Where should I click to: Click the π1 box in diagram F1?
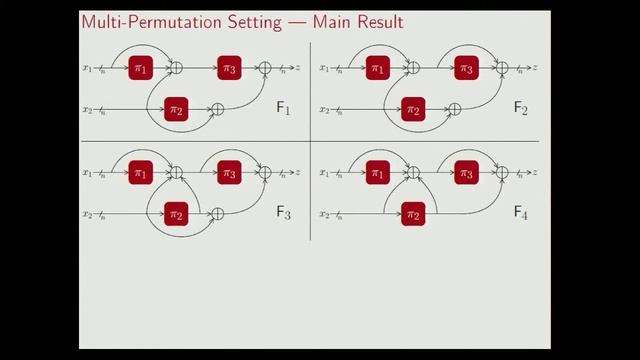coord(140,68)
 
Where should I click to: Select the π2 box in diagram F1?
coord(176,109)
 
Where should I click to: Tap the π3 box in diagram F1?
coord(230,68)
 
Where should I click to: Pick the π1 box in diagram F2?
coord(377,68)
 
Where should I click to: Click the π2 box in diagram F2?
coord(413,109)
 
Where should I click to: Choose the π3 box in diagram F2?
coord(466,68)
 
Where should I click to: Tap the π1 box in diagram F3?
coord(140,172)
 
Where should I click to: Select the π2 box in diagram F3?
coord(176,213)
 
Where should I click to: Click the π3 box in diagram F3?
coord(230,172)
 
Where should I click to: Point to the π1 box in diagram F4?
coord(377,172)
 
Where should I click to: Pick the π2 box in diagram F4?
coord(413,213)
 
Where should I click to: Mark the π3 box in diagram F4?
coord(466,172)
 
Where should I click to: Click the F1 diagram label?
coord(284,108)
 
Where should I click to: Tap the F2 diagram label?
coord(521,108)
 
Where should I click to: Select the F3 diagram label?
coord(284,212)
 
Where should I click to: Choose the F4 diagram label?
coord(521,212)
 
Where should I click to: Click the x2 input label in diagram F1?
coord(87,109)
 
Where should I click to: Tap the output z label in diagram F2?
coord(535,68)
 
